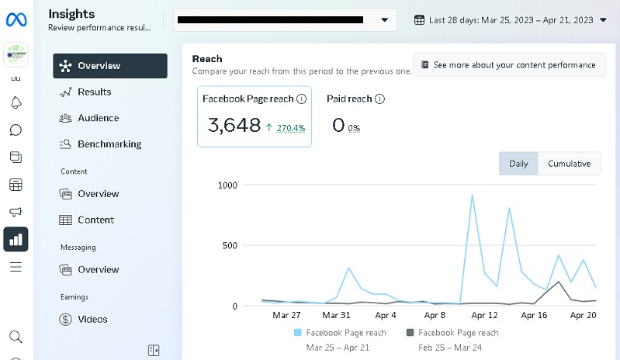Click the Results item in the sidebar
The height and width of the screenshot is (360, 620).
[94, 92]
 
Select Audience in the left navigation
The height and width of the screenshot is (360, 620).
[98, 118]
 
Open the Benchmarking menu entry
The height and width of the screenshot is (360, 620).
[109, 144]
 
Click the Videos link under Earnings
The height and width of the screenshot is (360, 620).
[92, 319]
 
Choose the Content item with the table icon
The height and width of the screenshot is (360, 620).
[95, 220]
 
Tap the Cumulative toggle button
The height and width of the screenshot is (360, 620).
[569, 164]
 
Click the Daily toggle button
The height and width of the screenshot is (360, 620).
[518, 164]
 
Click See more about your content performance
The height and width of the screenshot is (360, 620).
[509, 65]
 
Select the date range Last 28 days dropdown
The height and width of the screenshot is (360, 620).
[511, 20]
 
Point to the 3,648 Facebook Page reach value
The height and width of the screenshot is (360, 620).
[234, 125]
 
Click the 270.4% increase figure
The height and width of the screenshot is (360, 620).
[290, 128]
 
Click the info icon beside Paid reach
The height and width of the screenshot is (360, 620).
[379, 99]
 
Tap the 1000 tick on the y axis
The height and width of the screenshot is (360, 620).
[227, 185]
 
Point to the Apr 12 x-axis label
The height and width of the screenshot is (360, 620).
[484, 316]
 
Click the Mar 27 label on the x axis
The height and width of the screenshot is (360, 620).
[286, 316]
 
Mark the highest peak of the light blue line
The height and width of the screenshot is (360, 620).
[472, 196]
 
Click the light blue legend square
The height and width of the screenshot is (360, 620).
[297, 333]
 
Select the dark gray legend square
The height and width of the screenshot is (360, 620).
[410, 333]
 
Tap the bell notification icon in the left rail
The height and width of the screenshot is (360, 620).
[16, 102]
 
